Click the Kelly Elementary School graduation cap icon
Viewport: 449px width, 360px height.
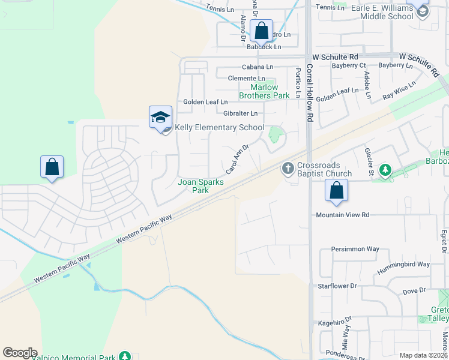[x=161, y=117]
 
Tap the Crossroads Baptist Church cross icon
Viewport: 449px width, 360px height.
[x=288, y=168]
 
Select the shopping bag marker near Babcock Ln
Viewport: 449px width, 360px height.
[x=262, y=31]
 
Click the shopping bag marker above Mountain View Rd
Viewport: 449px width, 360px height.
[x=337, y=191]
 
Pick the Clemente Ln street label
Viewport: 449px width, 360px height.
[x=246, y=79]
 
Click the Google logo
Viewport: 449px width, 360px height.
[x=20, y=353]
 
